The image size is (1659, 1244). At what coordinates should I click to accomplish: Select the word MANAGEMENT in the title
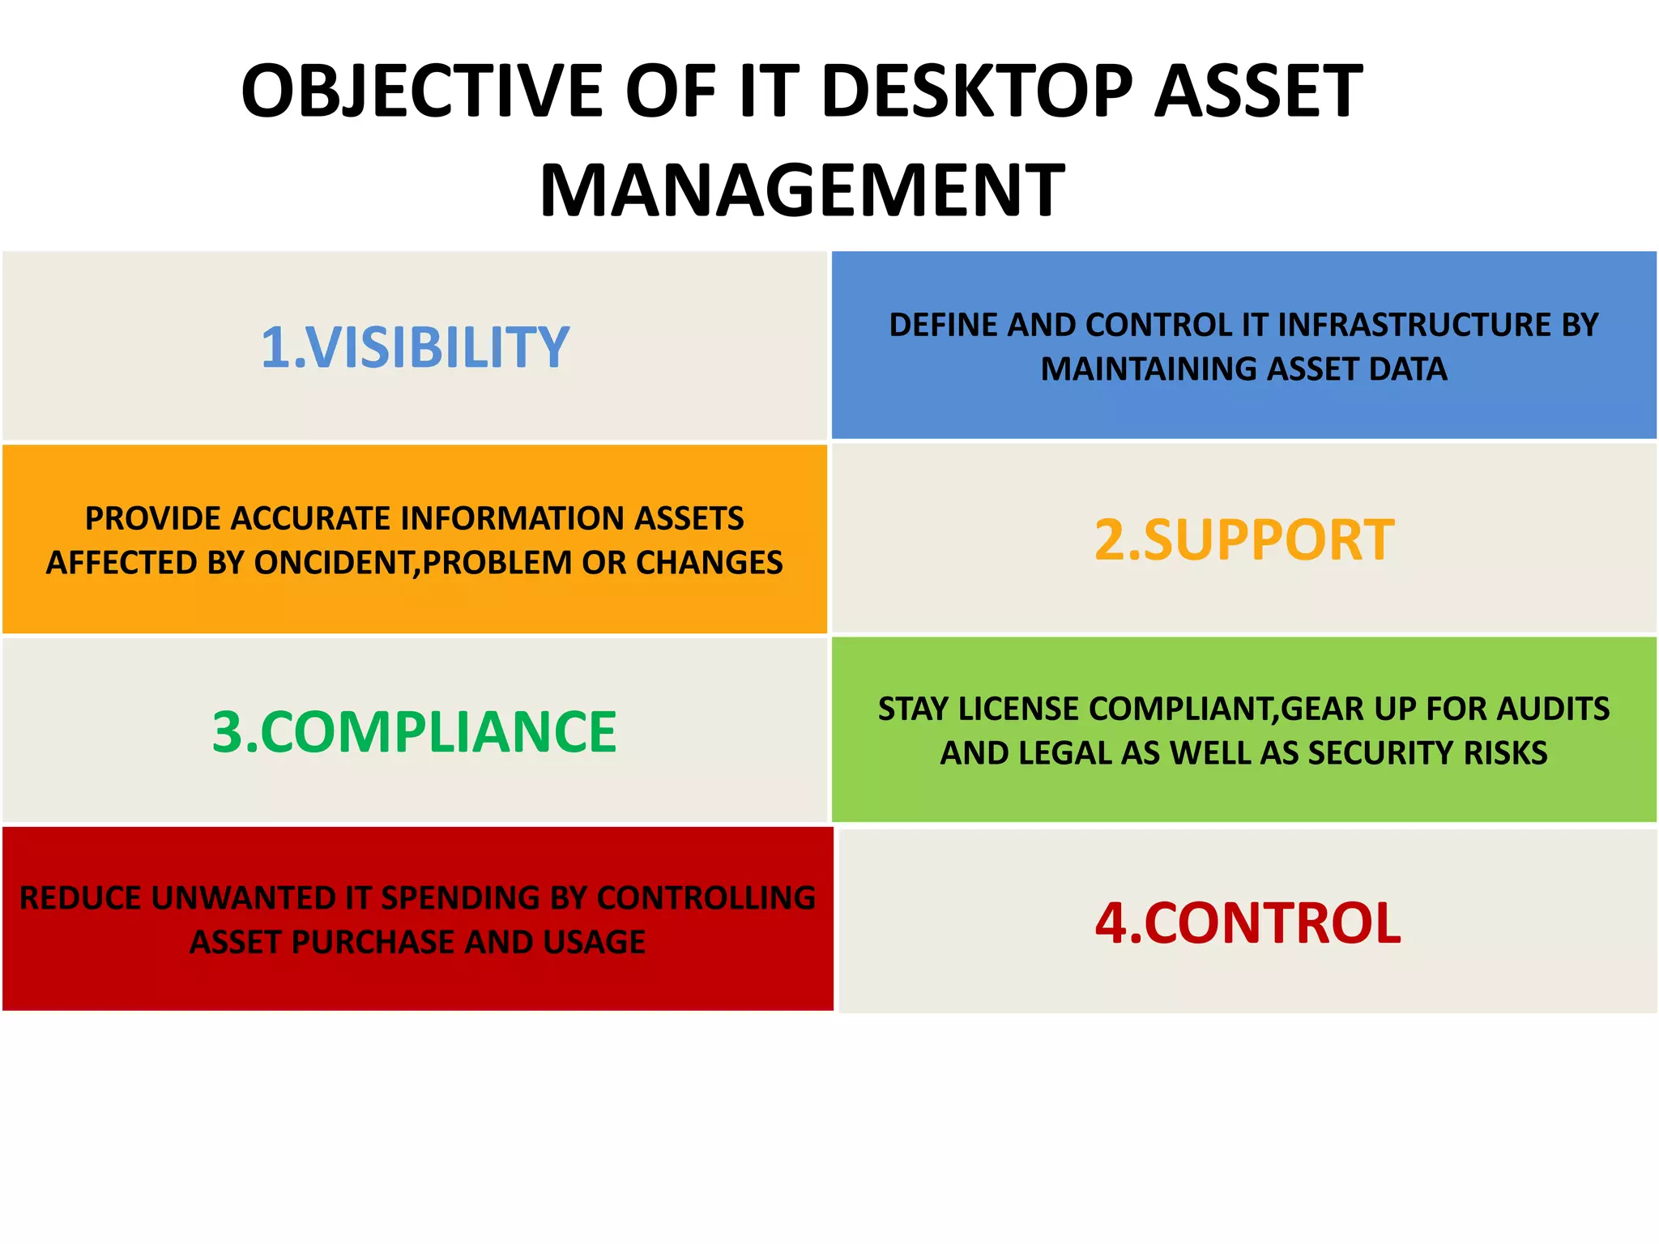point(802,191)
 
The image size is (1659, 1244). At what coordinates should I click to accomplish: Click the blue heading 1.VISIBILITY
point(415,347)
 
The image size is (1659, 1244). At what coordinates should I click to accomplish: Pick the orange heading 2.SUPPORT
point(1244,540)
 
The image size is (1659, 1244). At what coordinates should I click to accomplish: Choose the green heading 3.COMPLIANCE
point(415,732)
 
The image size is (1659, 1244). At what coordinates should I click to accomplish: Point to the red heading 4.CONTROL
point(1247,923)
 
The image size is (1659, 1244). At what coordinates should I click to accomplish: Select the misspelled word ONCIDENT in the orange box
point(334,563)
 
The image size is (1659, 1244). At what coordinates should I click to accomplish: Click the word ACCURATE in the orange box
point(311,519)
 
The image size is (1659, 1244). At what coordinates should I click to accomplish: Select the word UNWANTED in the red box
point(244,899)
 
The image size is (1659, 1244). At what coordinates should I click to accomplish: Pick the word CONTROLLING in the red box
point(706,899)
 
